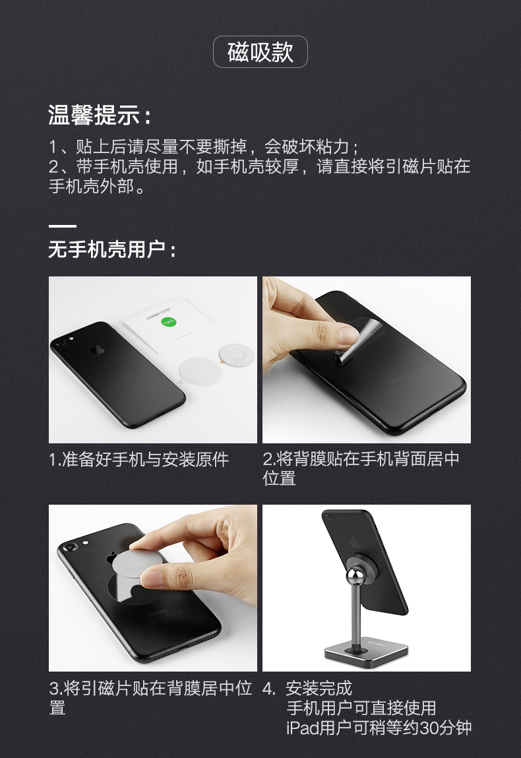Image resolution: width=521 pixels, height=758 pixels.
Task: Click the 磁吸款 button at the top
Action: click(260, 52)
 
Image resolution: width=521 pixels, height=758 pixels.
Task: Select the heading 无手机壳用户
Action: click(112, 250)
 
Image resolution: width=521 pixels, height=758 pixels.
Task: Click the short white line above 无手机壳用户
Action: click(62, 226)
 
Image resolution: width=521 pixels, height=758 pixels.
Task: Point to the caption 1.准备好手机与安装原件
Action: click(138, 459)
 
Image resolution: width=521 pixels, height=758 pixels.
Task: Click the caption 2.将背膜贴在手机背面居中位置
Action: click(361, 468)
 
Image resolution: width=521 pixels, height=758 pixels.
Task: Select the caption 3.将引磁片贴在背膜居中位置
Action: click(150, 698)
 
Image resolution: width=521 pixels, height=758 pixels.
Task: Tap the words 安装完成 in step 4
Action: click(319, 689)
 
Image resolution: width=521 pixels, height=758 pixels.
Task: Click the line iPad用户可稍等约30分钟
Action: click(379, 728)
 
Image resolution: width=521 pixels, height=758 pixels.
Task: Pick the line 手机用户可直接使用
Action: click(361, 708)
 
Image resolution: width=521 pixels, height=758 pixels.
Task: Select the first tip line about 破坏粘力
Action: click(204, 146)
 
